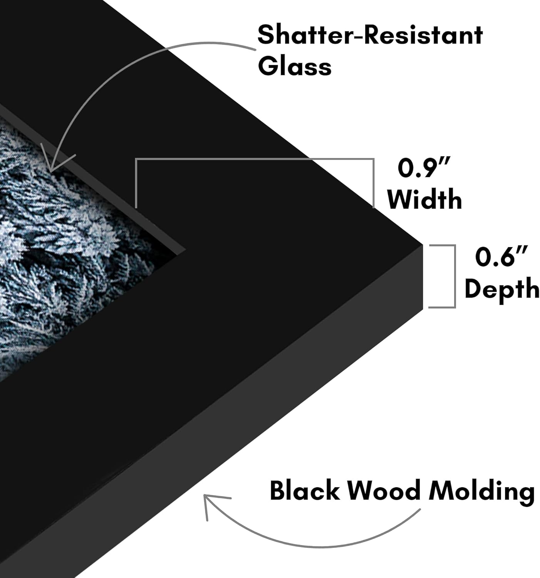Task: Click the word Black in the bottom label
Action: (305, 490)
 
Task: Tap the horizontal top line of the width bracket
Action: (255, 159)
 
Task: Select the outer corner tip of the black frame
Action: (423, 245)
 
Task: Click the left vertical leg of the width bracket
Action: (136, 183)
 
